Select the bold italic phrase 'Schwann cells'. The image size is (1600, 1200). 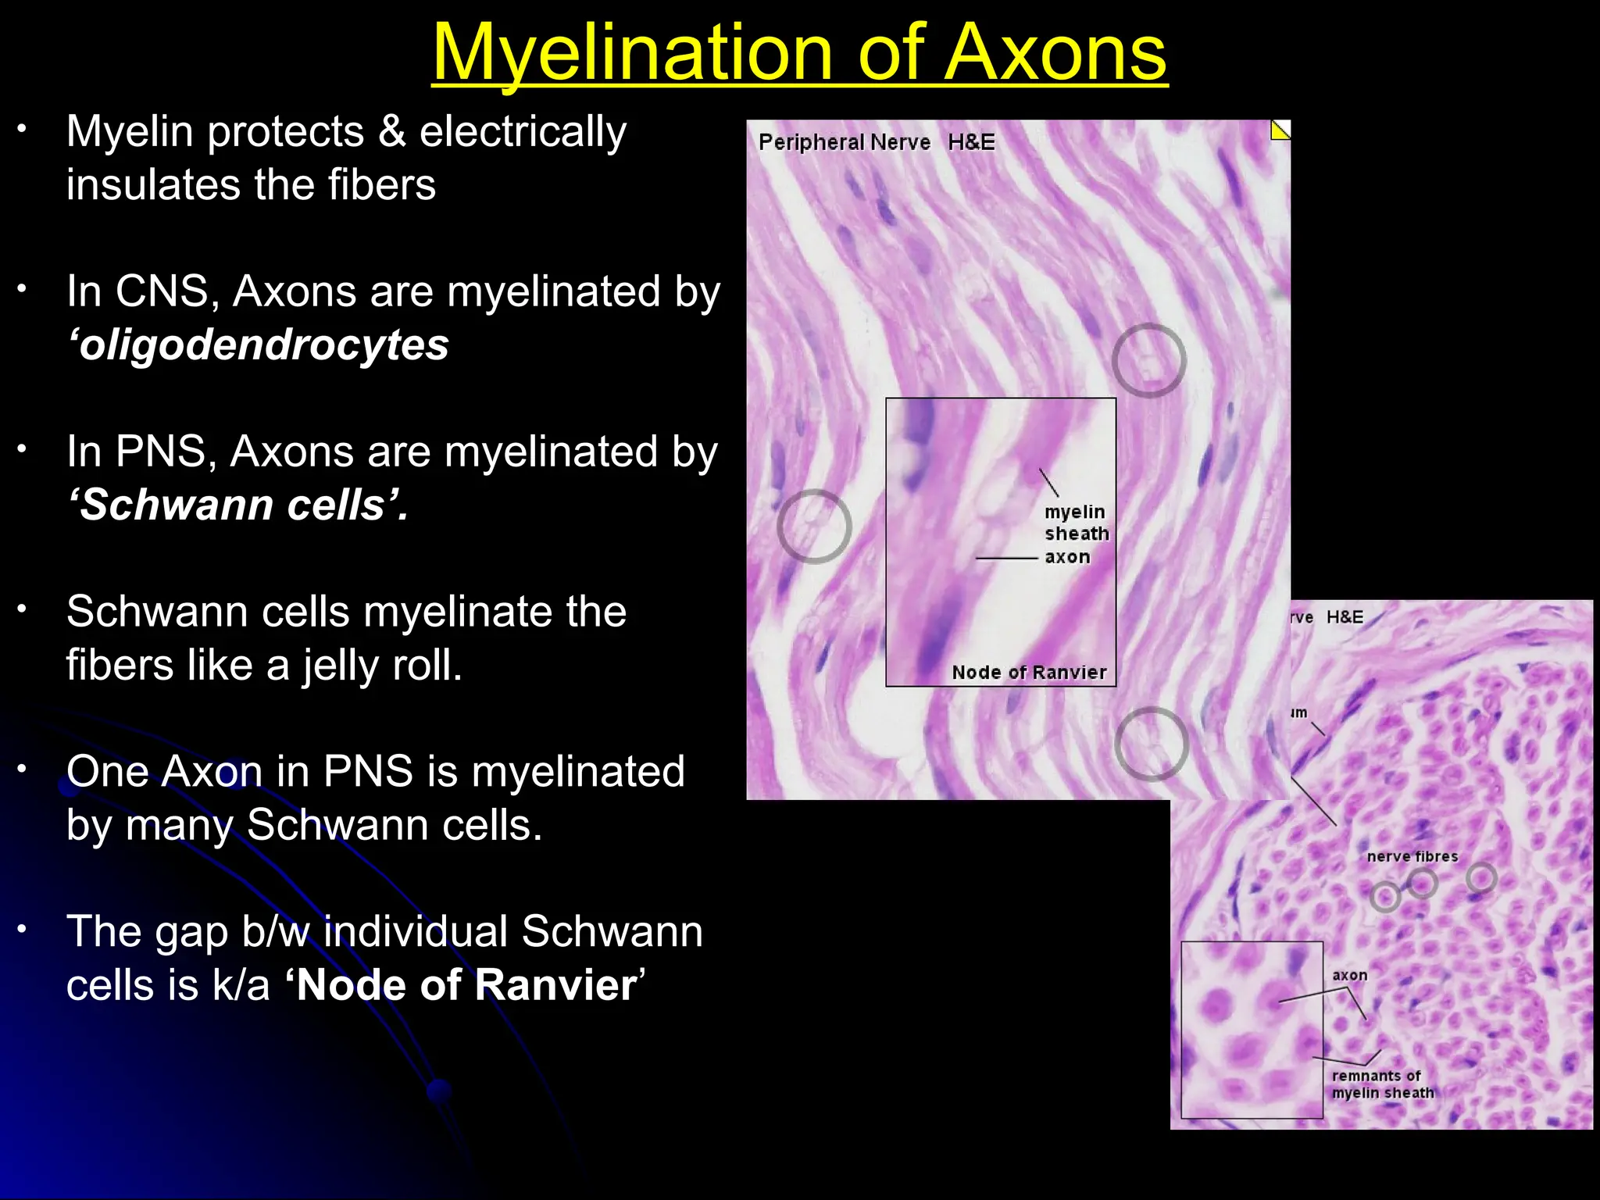237,505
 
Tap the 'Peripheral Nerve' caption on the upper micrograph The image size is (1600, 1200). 844,142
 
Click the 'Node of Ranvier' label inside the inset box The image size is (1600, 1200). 1029,673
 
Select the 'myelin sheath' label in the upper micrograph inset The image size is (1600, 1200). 1076,523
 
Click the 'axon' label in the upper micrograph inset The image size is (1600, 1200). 1067,557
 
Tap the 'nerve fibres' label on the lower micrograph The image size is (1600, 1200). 1412,856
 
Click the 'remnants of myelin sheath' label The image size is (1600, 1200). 1382,1084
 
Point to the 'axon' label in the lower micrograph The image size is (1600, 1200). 1349,975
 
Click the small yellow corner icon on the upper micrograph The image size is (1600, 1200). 1280,130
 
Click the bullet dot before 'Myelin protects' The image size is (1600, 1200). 23,129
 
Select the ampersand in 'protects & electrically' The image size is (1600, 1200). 391,131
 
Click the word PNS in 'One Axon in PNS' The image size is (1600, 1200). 368,772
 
